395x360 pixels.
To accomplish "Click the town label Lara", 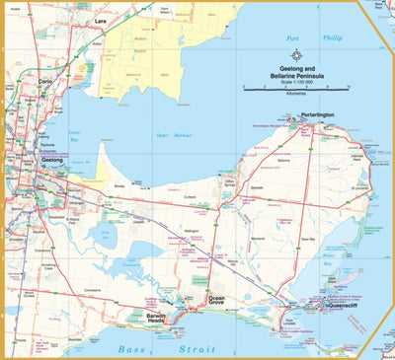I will pos(100,20).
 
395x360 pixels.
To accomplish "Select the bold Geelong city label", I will pos(52,158).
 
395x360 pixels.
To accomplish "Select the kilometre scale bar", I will pos(303,88).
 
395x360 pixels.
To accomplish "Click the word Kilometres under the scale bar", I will pos(303,95).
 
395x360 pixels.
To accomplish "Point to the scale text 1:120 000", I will pos(304,80).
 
